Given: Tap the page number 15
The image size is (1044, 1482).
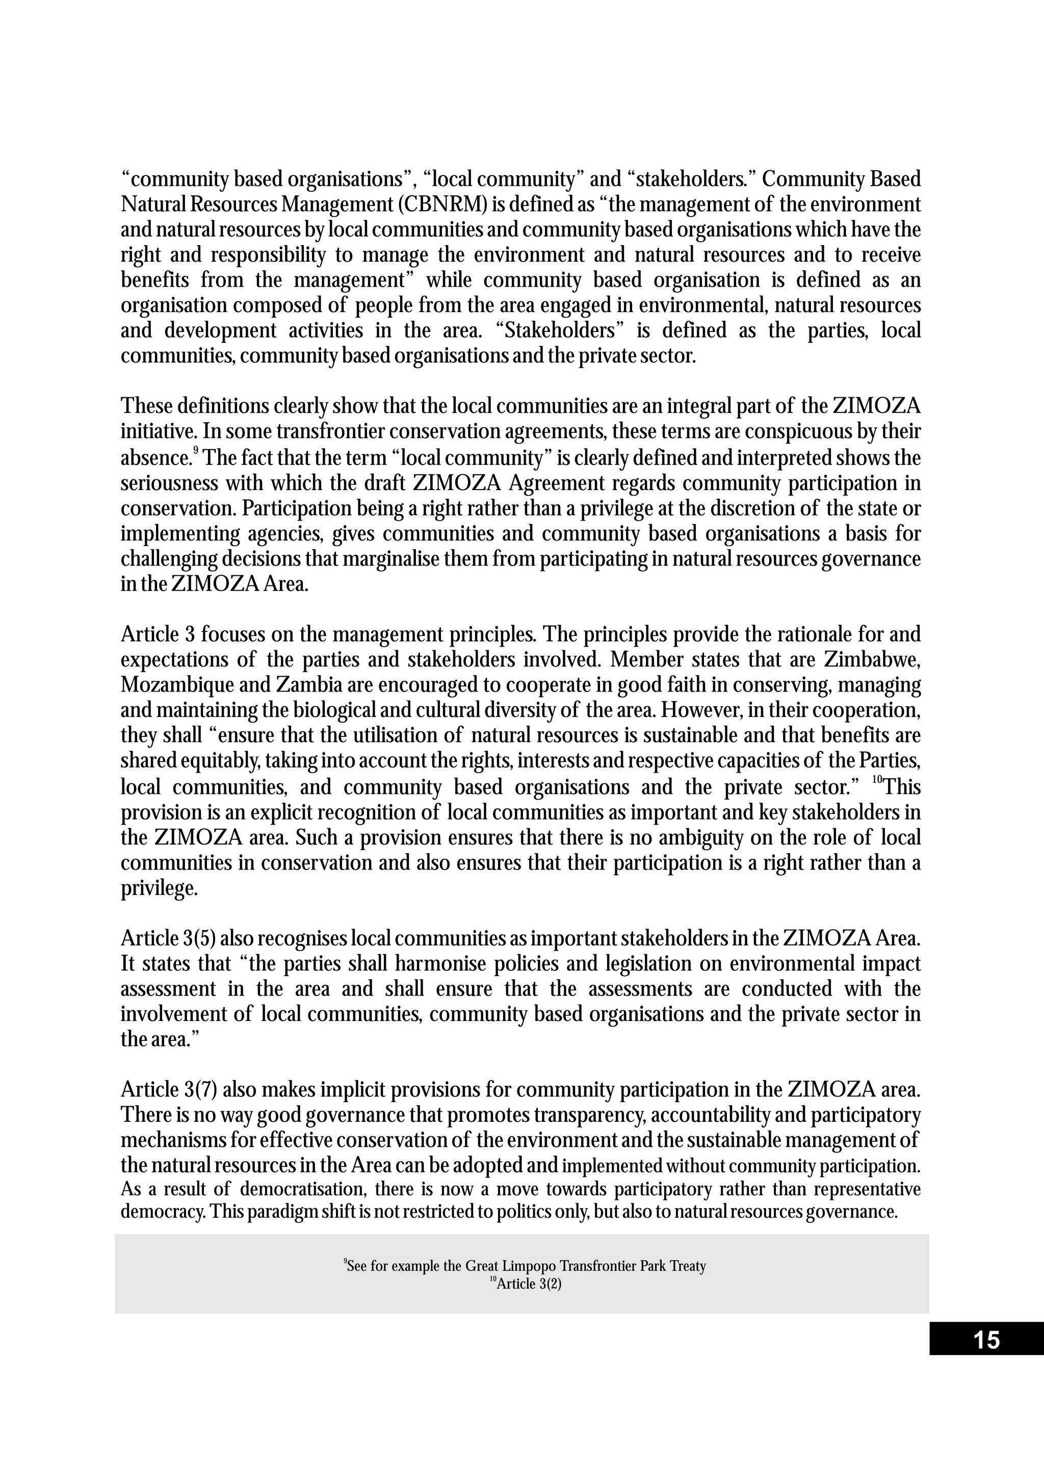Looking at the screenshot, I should (986, 1340).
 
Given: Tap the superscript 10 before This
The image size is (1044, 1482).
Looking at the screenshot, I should (877, 782).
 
